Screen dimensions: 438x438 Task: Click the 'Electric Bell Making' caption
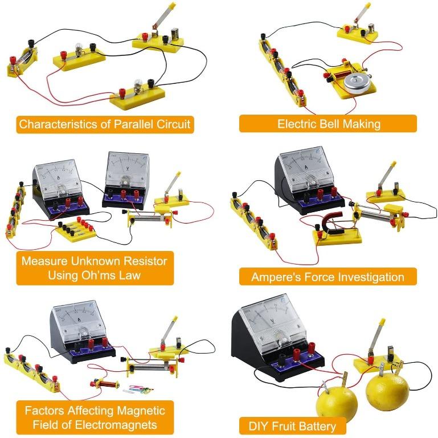(329, 124)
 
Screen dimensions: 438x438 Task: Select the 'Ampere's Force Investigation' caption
(328, 277)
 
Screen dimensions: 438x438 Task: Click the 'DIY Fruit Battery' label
(292, 425)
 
